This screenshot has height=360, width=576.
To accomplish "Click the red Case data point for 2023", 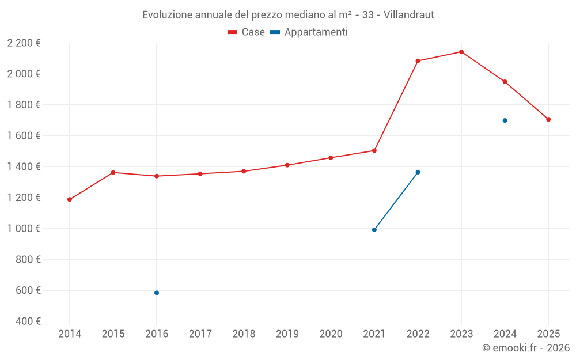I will pos(461,52).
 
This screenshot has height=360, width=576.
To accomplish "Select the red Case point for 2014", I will pos(70,199).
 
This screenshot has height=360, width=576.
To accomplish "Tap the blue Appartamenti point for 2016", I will pos(157,293).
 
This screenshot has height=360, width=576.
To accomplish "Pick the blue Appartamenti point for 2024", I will pos(505,120).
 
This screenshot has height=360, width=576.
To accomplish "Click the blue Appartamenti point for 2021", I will pos(374,230).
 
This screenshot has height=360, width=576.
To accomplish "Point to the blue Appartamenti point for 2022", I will pos(418,172).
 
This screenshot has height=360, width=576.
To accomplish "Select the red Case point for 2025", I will pos(548,119).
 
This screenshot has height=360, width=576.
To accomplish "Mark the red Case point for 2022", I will pos(418,61).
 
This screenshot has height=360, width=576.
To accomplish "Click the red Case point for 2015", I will pos(113,173).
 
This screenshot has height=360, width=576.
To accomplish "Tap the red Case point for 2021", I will pos(374,151).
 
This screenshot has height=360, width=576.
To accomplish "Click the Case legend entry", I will pos(247,32).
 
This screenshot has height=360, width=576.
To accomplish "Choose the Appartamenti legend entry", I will pos(309,32).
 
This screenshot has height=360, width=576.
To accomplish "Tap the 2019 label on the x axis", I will pos(287,334).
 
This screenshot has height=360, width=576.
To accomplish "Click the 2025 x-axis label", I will pos(548,334).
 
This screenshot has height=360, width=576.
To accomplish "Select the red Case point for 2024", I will pos(505,82).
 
